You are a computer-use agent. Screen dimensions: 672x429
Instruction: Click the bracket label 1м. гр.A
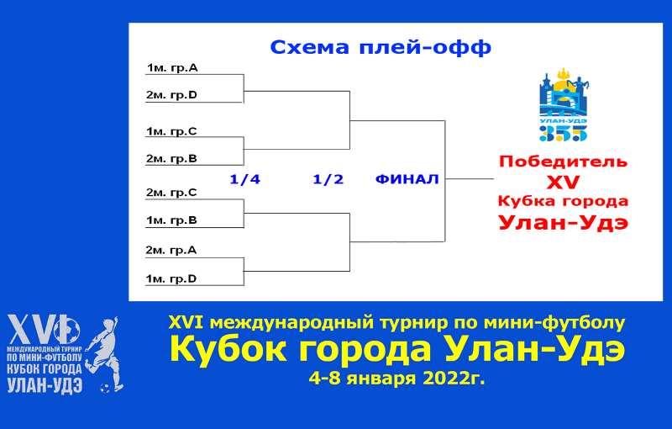coord(172,68)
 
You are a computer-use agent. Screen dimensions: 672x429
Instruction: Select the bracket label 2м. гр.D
coord(171,95)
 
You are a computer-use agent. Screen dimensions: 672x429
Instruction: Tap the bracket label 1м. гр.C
coord(171,131)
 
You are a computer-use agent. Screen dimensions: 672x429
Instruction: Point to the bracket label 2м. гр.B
coord(171,159)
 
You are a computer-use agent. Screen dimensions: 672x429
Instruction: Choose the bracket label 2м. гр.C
coord(171,193)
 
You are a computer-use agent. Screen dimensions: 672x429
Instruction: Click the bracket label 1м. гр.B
coord(171,220)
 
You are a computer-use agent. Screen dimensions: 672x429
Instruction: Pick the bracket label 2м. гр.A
coord(171,250)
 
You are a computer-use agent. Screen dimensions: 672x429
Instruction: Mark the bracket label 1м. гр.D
coord(171,279)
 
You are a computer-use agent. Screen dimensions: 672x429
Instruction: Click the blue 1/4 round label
coord(244,179)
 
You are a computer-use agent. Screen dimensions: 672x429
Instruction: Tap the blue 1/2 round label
coord(328,179)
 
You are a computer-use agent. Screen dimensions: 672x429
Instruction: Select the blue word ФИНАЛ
coord(407,179)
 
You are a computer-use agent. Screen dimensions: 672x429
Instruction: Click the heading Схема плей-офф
coord(381,48)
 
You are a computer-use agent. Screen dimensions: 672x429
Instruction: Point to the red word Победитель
coord(563,162)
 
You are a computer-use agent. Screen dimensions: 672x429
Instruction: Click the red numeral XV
coord(563,183)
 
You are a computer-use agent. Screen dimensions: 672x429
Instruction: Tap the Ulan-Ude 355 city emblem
coord(563,104)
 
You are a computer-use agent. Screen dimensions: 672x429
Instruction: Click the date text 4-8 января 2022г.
coord(396,379)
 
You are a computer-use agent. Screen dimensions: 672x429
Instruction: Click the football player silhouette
coord(104,354)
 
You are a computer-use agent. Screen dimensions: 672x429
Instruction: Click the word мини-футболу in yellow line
coord(554,323)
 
